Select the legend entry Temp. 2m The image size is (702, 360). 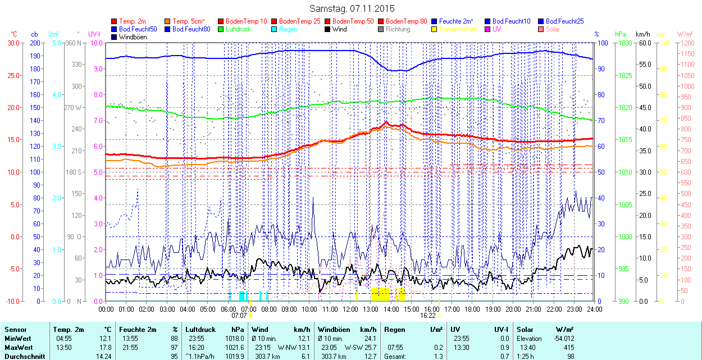click(x=133, y=21)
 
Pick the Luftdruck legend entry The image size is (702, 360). click(x=238, y=29)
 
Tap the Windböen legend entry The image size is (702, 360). click(x=133, y=37)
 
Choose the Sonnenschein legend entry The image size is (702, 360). click(x=458, y=29)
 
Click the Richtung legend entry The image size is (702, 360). click(x=398, y=29)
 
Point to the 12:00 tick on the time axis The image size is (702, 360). click(x=350, y=309)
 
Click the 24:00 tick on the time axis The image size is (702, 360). click(x=594, y=309)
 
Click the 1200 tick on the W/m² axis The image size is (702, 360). click(x=686, y=43)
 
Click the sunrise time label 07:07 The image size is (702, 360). click(x=239, y=316)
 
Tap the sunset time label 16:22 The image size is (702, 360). click(x=427, y=316)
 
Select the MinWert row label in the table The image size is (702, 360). click(x=19, y=339)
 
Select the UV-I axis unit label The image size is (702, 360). click(x=94, y=34)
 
